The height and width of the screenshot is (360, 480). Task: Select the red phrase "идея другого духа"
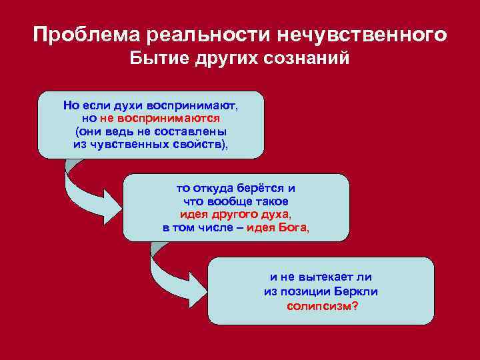click(235, 215)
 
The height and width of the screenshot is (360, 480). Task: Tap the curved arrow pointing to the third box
click(170, 269)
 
